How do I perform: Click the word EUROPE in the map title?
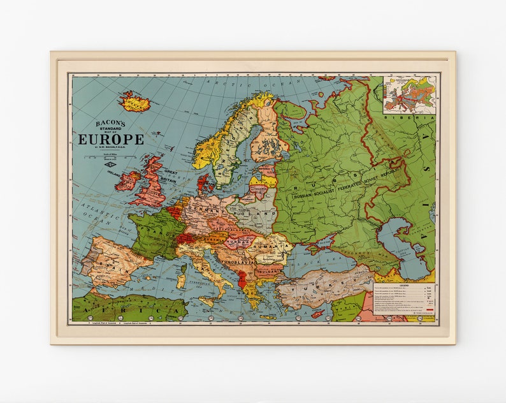pos(111,140)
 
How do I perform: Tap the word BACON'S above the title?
pos(110,122)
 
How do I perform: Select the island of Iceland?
pos(135,101)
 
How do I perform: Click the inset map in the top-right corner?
pos(410,95)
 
